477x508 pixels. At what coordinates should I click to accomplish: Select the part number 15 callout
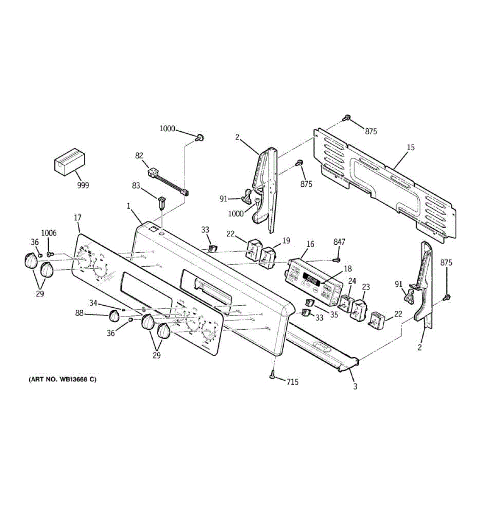click(x=410, y=147)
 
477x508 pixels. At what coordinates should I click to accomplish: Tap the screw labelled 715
click(x=272, y=374)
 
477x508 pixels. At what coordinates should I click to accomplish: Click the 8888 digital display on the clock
click(x=313, y=280)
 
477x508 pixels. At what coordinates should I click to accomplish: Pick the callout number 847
click(x=339, y=242)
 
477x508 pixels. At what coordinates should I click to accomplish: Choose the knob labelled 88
click(x=114, y=315)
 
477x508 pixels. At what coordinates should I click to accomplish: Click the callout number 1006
click(x=49, y=233)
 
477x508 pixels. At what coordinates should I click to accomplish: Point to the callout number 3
click(x=355, y=386)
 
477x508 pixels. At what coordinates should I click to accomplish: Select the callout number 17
click(x=78, y=218)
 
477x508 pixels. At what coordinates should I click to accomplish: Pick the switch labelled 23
click(x=360, y=309)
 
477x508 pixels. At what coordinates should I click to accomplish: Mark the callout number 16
click(x=310, y=244)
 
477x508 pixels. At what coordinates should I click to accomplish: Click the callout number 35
click(x=334, y=315)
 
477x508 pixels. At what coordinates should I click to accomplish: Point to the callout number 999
click(x=83, y=185)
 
